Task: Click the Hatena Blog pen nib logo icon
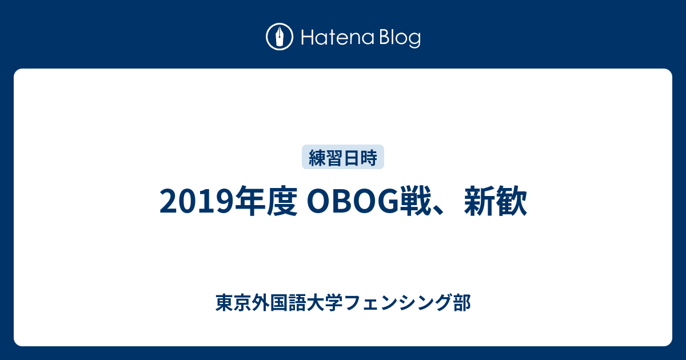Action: (x=280, y=37)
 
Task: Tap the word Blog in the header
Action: (x=398, y=38)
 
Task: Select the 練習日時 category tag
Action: (x=343, y=158)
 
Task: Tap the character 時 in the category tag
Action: (x=369, y=158)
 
